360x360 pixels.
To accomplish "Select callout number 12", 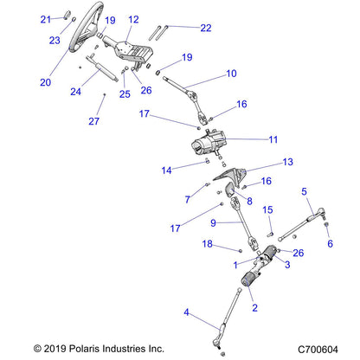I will (133, 19).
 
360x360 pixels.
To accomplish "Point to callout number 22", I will (205, 28).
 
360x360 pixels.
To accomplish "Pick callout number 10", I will (230, 74).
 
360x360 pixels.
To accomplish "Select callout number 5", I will (304, 191).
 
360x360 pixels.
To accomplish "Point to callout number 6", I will (329, 244).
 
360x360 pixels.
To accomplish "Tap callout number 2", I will (254, 307).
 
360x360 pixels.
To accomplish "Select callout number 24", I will (77, 90).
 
